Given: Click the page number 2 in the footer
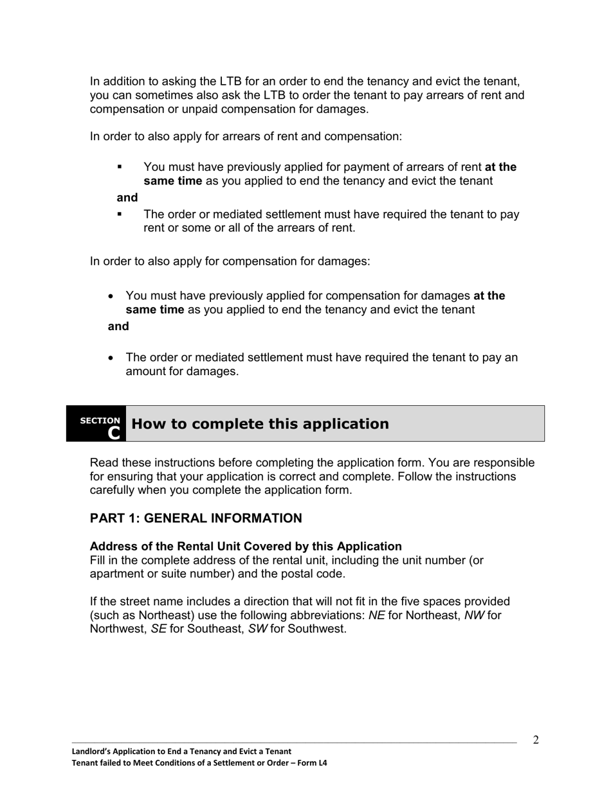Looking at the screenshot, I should [536, 740].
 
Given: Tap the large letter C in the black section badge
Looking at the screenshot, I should [114, 433].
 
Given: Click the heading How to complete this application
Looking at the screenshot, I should [260, 424].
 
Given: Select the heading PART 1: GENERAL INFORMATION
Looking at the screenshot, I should [196, 518].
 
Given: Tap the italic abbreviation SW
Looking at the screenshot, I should [257, 629].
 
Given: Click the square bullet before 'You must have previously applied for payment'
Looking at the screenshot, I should [120, 167].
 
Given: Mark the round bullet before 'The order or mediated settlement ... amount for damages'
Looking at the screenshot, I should [112, 358].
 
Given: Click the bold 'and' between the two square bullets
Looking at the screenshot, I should [127, 198].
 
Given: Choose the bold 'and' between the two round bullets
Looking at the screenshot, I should [118, 326].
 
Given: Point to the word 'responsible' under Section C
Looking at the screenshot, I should [501, 463].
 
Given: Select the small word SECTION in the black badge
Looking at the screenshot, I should [100, 421].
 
